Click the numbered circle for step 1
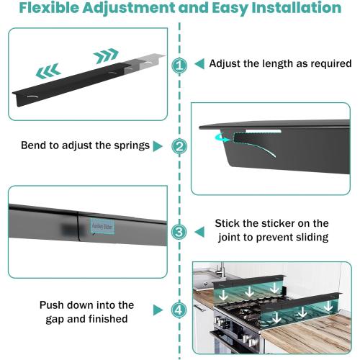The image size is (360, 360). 179,65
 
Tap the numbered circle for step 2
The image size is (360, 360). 179,146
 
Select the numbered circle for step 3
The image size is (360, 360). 179,232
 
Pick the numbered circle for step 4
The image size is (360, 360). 179,311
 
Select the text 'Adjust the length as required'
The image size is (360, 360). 280,63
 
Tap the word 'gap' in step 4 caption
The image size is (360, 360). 48,318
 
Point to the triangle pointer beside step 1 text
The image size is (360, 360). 199,64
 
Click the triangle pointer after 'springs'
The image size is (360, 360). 158,146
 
